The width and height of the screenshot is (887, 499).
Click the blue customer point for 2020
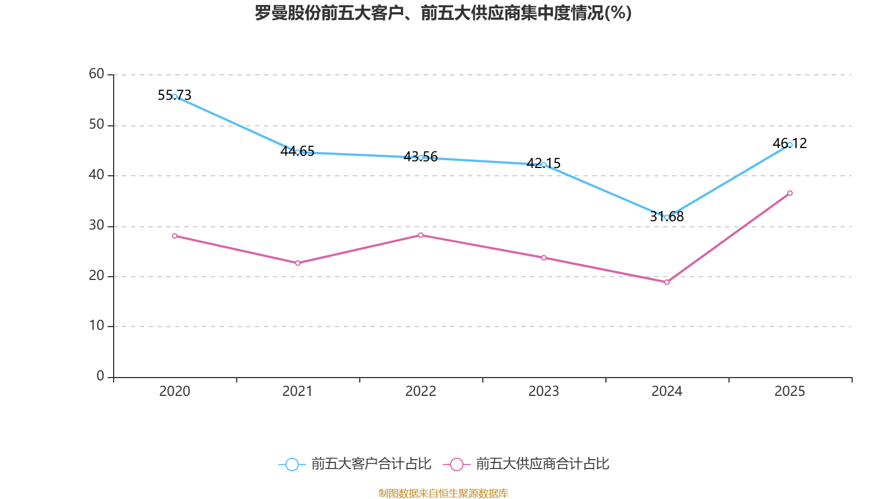pyautogui.click(x=175, y=96)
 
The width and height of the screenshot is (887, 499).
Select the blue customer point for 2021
pyautogui.click(x=298, y=152)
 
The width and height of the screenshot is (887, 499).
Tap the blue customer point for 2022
pyautogui.click(x=421, y=158)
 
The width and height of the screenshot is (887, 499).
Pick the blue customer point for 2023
pyautogui.click(x=544, y=165)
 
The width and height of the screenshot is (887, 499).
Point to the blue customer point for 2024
pyautogui.click(x=667, y=217)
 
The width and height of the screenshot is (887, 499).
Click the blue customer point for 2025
pyautogui.click(x=790, y=145)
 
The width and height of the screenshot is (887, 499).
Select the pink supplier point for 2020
pyautogui.click(x=175, y=236)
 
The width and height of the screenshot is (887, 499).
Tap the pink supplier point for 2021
pyautogui.click(x=298, y=263)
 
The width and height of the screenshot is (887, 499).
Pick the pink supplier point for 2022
pyautogui.click(x=421, y=235)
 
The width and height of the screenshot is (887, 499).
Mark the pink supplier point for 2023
pyautogui.click(x=544, y=258)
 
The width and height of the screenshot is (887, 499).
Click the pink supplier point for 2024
pyautogui.click(x=667, y=282)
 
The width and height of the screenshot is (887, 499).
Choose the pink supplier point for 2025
pyautogui.click(x=790, y=193)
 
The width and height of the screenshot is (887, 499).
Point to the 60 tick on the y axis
pyautogui.click(x=96, y=74)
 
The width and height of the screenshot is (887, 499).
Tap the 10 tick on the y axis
pyautogui.click(x=96, y=326)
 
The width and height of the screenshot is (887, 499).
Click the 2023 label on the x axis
pyautogui.click(x=544, y=391)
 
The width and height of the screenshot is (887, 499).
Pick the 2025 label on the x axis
pyautogui.click(x=790, y=391)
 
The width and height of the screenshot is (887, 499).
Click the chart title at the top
pyautogui.click(x=443, y=13)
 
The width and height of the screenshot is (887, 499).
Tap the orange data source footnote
pyautogui.click(x=443, y=493)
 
